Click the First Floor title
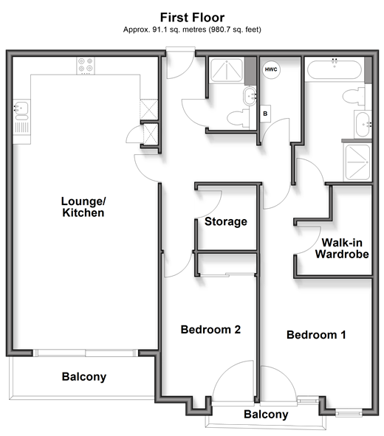click(x=192, y=18)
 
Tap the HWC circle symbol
click(x=271, y=69)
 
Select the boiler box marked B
click(x=265, y=114)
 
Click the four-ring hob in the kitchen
click(x=86, y=65)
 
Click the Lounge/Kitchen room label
click(x=83, y=207)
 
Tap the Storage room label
click(x=226, y=221)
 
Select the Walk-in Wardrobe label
click(x=342, y=249)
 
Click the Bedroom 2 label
click(x=210, y=330)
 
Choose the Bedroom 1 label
click(x=316, y=335)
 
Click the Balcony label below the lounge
click(x=84, y=377)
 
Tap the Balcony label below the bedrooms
click(x=266, y=415)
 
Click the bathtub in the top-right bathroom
click(x=335, y=69)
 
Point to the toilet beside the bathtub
click(x=354, y=96)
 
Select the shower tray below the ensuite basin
click(x=358, y=162)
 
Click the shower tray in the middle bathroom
click(x=227, y=70)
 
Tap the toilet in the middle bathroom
click(x=239, y=118)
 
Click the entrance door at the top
click(x=180, y=63)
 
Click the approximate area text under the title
click(x=192, y=30)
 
